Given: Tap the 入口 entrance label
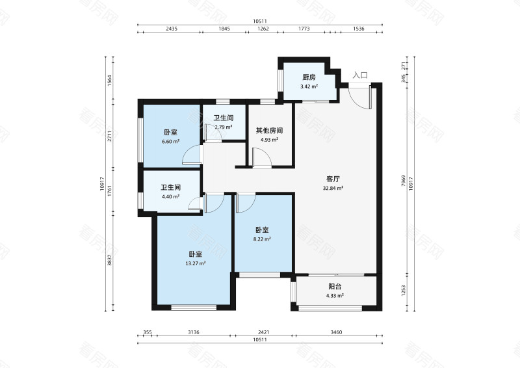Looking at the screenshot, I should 360,75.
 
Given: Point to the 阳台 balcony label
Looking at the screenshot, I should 335,286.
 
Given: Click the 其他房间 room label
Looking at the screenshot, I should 269,130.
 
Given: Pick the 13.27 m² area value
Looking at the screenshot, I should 195,263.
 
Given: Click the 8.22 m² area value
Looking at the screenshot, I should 262,239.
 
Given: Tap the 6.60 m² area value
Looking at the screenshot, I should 170,140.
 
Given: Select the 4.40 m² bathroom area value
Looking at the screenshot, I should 170,196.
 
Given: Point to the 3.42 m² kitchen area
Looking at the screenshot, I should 309,86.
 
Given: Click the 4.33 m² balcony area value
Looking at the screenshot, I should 335,296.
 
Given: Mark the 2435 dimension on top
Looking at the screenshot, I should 172,29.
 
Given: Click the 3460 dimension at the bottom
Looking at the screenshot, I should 336,332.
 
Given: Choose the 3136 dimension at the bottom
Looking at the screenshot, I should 194,332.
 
